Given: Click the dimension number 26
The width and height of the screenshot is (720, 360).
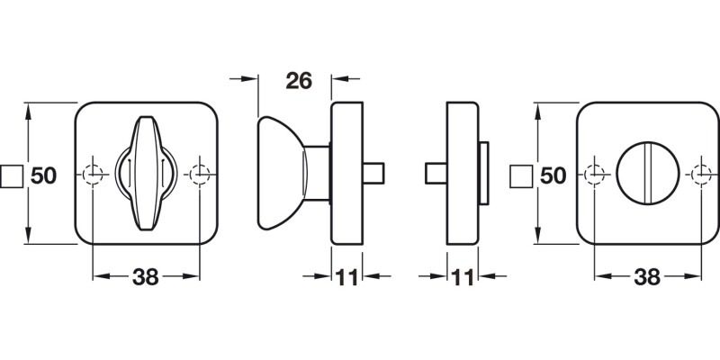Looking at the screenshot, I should (298, 81).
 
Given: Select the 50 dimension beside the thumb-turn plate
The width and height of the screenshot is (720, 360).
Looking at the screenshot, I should (45, 175).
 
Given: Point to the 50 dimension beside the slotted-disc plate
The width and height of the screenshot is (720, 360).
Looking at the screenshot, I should (553, 175).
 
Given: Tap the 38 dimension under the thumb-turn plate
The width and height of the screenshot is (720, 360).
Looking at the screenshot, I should (145, 278).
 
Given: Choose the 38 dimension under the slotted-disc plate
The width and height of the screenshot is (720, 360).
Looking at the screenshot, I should (646, 278).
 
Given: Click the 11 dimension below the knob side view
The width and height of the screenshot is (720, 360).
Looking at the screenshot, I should (346, 278).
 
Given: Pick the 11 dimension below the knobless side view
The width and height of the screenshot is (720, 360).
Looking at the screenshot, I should (463, 278).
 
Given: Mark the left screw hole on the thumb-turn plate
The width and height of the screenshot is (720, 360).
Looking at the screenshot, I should (93, 173).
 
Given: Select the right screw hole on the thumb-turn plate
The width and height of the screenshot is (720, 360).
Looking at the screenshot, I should (199, 173).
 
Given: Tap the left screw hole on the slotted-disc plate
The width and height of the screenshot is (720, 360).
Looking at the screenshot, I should (594, 173).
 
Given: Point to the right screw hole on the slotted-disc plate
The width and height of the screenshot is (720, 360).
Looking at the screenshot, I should (700, 173).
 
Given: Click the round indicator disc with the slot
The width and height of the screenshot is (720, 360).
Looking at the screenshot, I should (647, 173).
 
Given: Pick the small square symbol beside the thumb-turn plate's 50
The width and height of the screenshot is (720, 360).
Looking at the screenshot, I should (12, 175).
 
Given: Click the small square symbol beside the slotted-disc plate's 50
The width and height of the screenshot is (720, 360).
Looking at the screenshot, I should (520, 175).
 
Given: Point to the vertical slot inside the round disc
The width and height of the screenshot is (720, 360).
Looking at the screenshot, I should (647, 173).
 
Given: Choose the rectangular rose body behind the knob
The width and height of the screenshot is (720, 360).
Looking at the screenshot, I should (346, 173).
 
